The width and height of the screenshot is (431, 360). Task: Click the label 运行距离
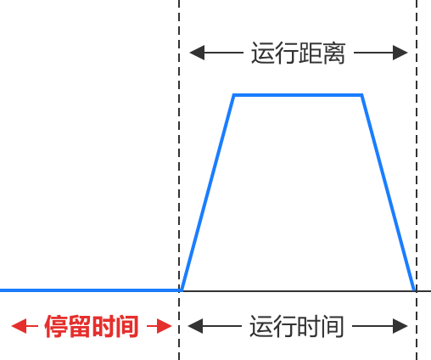point(299,53)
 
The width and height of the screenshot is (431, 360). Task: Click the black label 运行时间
point(297,326)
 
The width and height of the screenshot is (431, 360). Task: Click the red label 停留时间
point(92,326)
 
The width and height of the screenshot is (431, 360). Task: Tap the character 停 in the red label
point(56,326)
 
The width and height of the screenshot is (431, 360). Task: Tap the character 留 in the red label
point(80,326)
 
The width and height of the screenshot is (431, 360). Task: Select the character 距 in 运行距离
point(311,53)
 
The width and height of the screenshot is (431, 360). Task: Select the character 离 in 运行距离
point(334,53)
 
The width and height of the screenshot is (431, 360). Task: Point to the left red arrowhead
point(19,326)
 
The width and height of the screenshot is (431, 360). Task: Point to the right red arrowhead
point(165,326)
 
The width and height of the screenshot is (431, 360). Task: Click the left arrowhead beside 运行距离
point(197,53)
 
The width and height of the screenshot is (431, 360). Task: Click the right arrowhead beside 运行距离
point(400,53)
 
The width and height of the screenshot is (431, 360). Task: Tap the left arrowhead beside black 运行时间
point(195,326)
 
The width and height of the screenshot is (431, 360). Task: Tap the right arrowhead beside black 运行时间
point(400,326)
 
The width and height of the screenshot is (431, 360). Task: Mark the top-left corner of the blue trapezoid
point(234,95)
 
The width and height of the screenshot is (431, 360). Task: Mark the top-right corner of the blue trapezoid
point(361,95)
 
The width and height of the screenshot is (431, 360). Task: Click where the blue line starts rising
point(182,290)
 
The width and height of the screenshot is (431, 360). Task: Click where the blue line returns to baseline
point(415,290)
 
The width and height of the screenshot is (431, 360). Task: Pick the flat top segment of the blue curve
point(298,95)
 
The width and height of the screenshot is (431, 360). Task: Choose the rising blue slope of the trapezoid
point(208,193)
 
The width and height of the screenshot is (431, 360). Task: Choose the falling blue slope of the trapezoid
point(389,193)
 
